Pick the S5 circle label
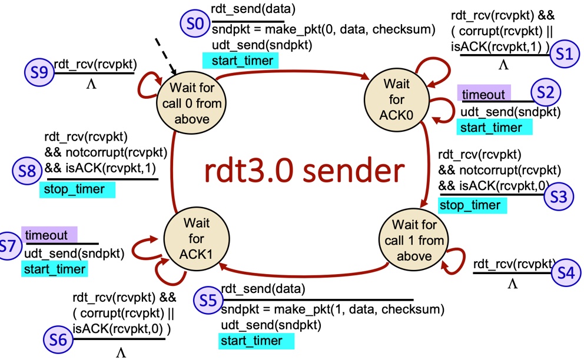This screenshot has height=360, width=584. [208, 299]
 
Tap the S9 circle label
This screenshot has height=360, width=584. [38, 71]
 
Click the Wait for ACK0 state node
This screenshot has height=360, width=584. [396, 99]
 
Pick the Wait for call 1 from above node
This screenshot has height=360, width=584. [414, 239]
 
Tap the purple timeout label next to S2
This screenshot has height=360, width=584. [483, 95]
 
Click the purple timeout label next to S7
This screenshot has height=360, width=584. [49, 235]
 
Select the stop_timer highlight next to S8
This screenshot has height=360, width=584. [77, 189]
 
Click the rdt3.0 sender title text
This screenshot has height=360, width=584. [304, 171]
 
